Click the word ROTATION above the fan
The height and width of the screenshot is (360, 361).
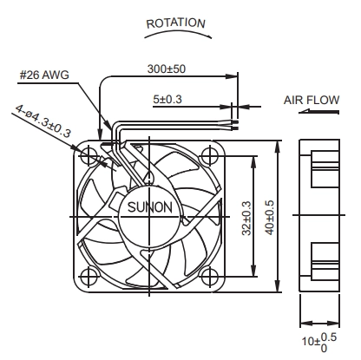[x=176, y=23]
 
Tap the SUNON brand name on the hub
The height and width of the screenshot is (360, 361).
[x=150, y=207]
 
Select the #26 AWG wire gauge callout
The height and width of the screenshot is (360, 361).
[x=44, y=75]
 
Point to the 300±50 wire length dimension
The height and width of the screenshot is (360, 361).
[x=167, y=69]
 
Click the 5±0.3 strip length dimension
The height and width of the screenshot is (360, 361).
[x=167, y=99]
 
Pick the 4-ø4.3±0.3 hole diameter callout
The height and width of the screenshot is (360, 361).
[x=43, y=121]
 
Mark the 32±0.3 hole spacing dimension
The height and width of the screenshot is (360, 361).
[x=246, y=218]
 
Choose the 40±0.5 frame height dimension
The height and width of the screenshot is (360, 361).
[x=269, y=218]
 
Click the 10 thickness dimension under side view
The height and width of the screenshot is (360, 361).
[x=319, y=343]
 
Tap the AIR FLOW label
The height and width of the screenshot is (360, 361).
[x=312, y=100]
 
